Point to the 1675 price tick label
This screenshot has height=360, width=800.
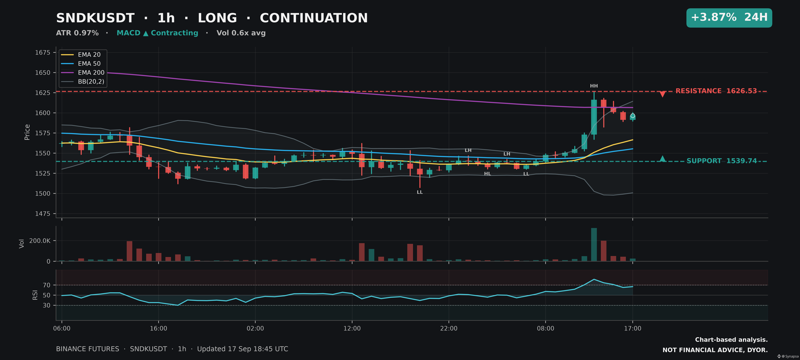[43, 52]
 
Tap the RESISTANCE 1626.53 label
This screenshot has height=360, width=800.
[716, 91]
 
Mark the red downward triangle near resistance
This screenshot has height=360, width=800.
[662, 94]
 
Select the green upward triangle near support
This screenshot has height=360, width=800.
[662, 159]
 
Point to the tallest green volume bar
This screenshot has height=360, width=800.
[594, 244]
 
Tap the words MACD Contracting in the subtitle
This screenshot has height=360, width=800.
[157, 33]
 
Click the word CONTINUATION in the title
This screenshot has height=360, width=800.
[314, 18]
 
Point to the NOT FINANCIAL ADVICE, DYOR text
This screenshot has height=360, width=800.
[715, 350]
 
